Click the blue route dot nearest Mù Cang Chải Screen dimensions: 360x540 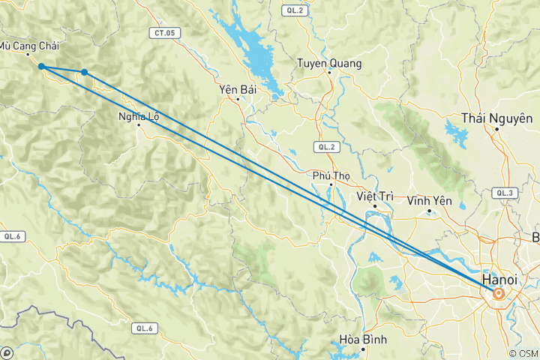[41, 67]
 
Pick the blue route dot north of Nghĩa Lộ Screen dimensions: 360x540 [85, 72]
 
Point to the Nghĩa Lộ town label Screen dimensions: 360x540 [138, 116]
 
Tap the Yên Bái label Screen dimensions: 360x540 [238, 89]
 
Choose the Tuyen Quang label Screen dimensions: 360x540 [329, 64]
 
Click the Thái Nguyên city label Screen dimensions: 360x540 [497, 118]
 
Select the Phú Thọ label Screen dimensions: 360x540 [331, 176]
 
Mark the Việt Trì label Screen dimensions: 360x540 [375, 196]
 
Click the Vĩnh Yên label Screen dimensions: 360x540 [428, 201]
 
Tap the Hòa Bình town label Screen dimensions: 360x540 [363, 339]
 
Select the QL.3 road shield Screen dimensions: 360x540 [504, 193]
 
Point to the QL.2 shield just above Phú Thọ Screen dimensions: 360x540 [325, 147]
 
